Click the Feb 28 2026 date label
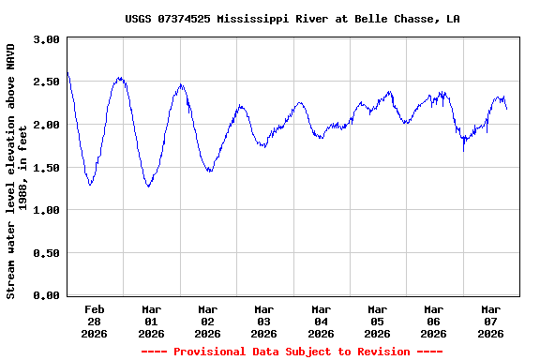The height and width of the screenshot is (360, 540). [x=95, y=321]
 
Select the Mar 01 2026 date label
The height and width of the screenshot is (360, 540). [x=151, y=321]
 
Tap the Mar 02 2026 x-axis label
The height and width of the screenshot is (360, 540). [x=207, y=321]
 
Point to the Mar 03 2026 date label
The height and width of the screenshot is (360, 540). [x=264, y=321]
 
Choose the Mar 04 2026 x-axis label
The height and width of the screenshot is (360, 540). [x=321, y=321]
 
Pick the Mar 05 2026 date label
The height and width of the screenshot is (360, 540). [x=377, y=321]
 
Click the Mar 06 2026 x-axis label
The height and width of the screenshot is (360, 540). [x=433, y=321]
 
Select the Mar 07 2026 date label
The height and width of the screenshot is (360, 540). [x=490, y=321]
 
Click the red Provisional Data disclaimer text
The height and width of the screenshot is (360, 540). [x=292, y=352]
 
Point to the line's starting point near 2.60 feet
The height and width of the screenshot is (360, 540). [x=67, y=73]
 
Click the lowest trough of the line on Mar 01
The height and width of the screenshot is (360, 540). [x=148, y=187]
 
